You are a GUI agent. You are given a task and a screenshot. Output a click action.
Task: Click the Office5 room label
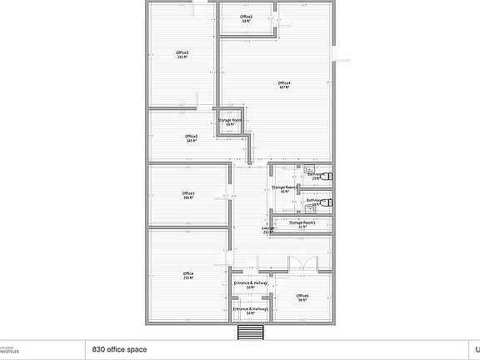tap(246, 17)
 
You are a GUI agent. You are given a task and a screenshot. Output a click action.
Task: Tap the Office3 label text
tap(182, 53)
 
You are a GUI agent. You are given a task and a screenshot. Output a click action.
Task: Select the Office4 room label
tap(284, 82)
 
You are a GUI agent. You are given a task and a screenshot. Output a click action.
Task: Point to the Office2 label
tap(191, 136)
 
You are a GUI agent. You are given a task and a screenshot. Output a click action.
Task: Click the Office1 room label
tap(188, 193)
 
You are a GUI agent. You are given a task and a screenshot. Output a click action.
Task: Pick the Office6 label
tap(302, 296)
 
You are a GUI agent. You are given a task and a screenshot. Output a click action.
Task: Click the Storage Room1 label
tap(302, 222)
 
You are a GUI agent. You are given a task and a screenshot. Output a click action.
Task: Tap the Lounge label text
tap(267, 227)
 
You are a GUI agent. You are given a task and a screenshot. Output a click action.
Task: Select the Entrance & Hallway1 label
tap(250, 310)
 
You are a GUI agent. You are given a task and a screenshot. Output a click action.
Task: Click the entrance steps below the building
tap(251, 333)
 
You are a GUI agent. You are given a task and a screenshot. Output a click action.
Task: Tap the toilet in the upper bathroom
tap(327, 177)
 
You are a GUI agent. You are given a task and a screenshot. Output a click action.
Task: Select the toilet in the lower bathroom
tap(327, 202)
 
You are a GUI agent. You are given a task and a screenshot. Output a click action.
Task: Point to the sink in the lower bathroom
tap(308, 208)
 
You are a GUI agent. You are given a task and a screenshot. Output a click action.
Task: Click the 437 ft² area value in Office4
tap(284, 87)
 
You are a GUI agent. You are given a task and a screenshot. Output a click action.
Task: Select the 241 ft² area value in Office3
tap(182, 58)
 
